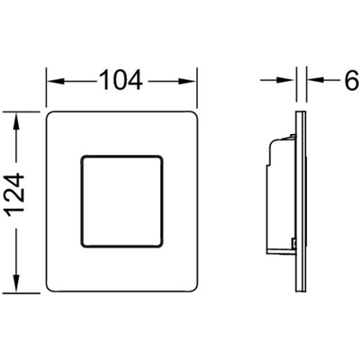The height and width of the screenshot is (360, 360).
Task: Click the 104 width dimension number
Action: (121, 80)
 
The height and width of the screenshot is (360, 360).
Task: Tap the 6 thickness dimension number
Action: (352, 80)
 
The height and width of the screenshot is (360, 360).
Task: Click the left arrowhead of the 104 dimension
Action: (56, 81)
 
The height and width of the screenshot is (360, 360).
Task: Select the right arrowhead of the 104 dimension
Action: (187, 81)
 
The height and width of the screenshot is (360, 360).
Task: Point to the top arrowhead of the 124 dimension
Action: (16, 121)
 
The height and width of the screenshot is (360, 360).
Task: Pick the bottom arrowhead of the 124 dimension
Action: (16, 283)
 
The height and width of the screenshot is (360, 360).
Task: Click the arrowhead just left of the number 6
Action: (315, 80)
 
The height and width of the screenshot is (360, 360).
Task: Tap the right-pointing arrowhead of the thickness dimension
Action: (286, 80)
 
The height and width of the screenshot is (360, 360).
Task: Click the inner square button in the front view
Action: (122, 201)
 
